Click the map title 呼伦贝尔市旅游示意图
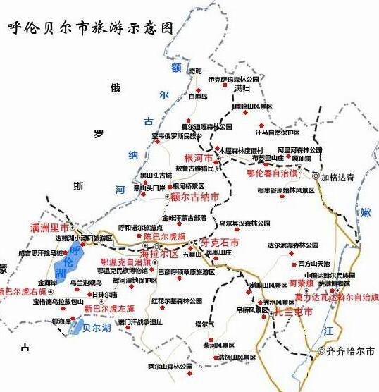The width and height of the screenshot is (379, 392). (x=89, y=28)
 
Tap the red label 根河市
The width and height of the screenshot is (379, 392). (x=198, y=159)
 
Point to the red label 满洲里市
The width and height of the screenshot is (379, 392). (x=50, y=228)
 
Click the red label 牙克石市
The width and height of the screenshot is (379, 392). (x=220, y=243)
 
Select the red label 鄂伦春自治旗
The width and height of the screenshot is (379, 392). (x=272, y=172)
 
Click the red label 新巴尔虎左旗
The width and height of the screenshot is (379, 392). (x=108, y=309)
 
